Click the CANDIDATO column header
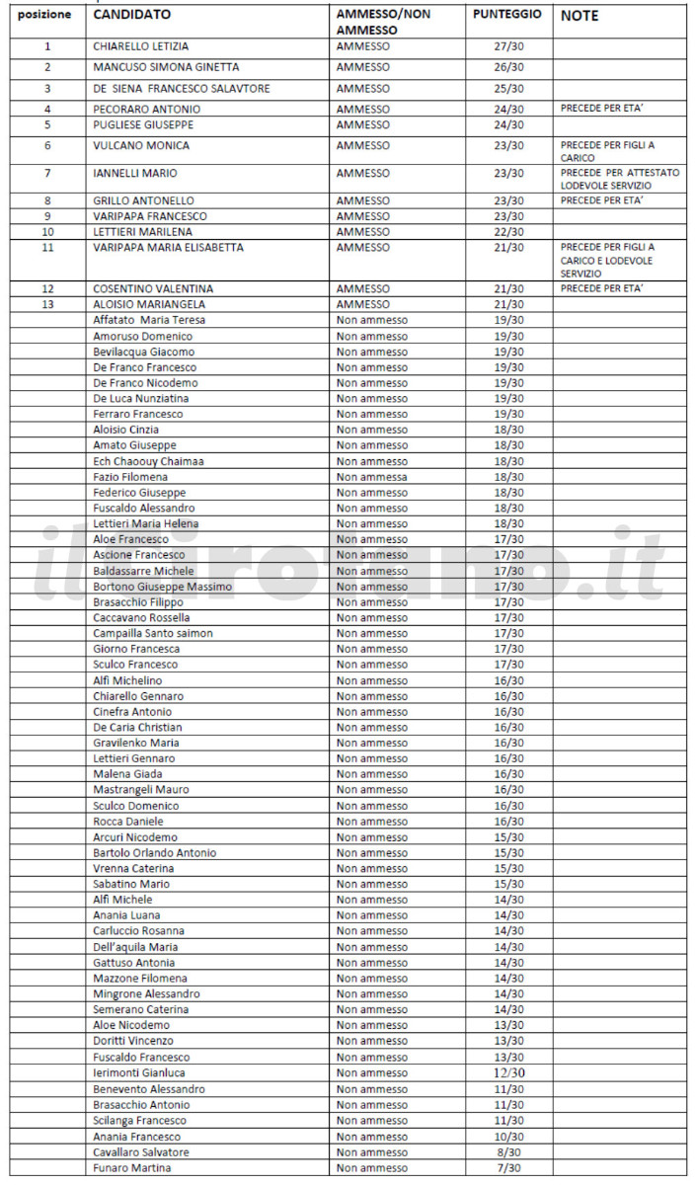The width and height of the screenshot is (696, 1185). [131, 16]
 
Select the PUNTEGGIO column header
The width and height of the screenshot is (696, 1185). [506, 15]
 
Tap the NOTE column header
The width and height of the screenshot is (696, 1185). [580, 16]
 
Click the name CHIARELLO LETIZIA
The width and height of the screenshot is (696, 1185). [140, 46]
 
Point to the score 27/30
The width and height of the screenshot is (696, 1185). [508, 46]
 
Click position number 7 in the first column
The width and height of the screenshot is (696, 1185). [46, 173]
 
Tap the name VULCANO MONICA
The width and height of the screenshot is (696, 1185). [141, 145]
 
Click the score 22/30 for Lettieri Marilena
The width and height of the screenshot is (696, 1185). [508, 231]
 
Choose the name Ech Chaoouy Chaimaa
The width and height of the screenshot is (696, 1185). [148, 461]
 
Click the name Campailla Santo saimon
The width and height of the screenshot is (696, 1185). [152, 633]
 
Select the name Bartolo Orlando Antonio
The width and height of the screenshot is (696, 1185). [154, 852]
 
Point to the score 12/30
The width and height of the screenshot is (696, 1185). [509, 1072]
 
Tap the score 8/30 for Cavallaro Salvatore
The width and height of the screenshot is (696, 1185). [509, 1152]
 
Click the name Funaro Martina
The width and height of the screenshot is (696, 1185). [131, 1168]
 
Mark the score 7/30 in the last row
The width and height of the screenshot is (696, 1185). [509, 1168]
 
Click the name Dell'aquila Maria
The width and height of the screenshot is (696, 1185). [135, 947]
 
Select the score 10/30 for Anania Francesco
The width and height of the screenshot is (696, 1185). [509, 1137]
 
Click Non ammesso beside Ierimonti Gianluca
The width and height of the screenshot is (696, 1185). [371, 1072]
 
